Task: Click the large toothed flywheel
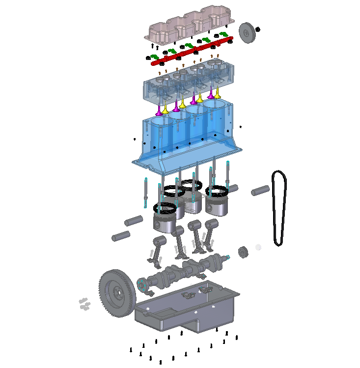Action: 117,294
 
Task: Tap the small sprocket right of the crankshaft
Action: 243,253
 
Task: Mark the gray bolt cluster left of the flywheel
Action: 84,304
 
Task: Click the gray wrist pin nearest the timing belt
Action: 261,190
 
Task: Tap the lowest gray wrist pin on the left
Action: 120,236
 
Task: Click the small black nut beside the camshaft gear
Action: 258,29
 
